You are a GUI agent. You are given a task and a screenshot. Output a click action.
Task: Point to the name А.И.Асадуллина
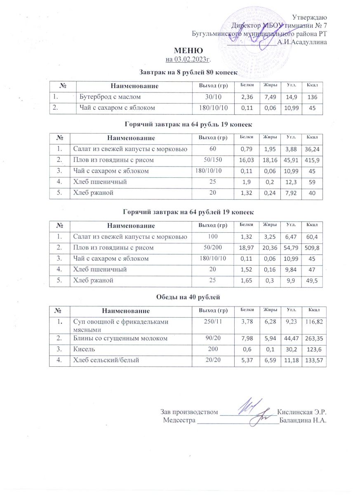click(x=302, y=42)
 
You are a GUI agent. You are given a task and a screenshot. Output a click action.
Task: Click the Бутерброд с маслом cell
click(x=110, y=97)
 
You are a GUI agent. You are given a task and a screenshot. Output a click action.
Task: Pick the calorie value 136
click(x=312, y=97)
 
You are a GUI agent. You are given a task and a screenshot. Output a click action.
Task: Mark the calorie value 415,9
click(x=312, y=160)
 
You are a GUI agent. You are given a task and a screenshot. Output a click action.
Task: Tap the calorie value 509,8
click(x=312, y=247)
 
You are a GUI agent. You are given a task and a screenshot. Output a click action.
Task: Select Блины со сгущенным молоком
click(x=120, y=339)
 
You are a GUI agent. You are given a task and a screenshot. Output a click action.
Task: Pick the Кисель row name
click(x=82, y=349)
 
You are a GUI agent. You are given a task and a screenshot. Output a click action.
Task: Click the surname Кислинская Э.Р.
click(x=302, y=412)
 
